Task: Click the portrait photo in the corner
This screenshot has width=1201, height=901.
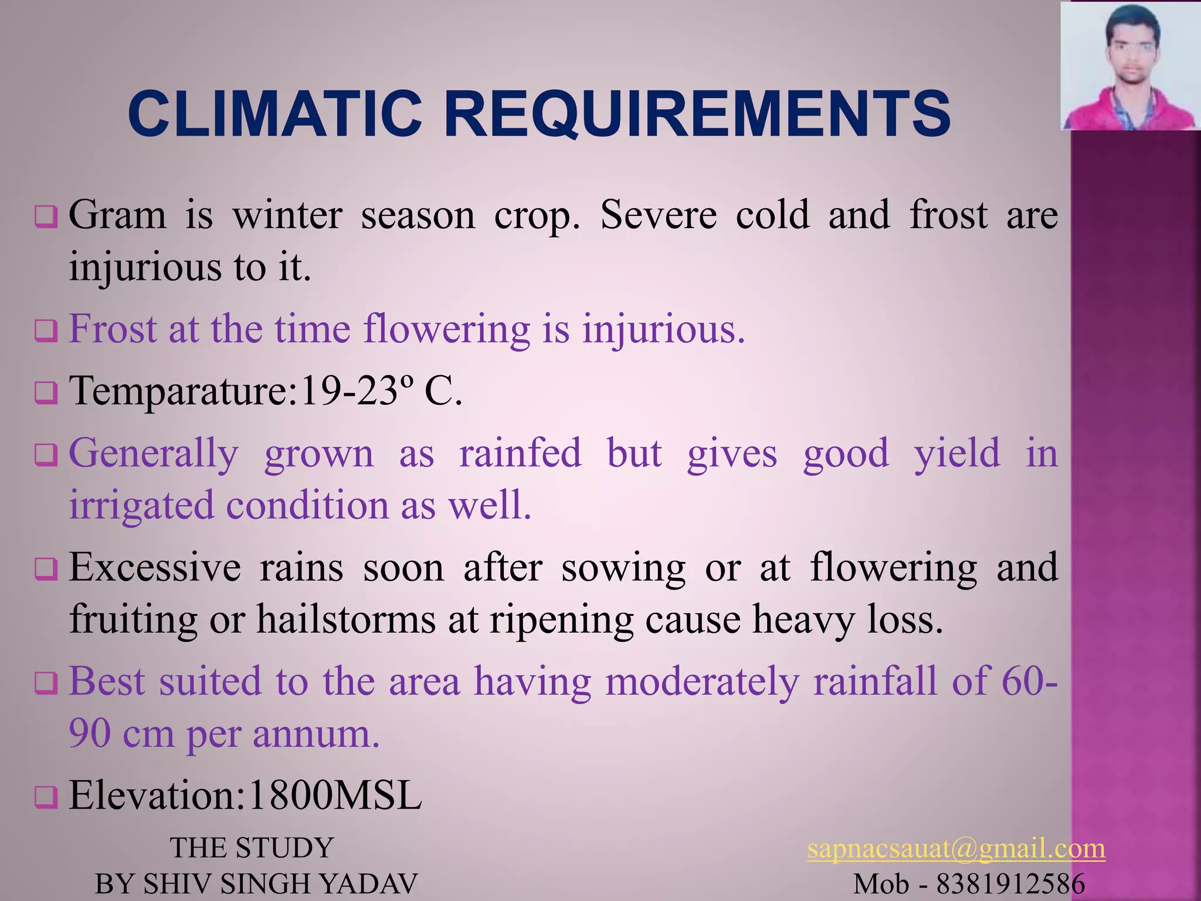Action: [1130, 66]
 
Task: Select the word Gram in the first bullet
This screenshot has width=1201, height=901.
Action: [117, 215]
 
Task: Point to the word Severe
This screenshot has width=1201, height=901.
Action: [658, 215]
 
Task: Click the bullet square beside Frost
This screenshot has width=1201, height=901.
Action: [46, 331]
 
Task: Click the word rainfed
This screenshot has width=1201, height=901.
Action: [520, 453]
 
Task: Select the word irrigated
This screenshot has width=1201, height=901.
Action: [141, 506]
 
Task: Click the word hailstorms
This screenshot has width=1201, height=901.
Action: [346, 619]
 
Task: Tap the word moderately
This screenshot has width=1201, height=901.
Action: [703, 682]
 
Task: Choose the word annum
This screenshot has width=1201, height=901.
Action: [316, 734]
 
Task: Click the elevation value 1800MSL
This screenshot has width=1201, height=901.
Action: [334, 796]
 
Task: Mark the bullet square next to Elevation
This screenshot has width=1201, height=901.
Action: [46, 798]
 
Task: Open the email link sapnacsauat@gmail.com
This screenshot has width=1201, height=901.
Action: [956, 849]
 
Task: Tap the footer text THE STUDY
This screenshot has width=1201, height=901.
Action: [252, 848]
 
